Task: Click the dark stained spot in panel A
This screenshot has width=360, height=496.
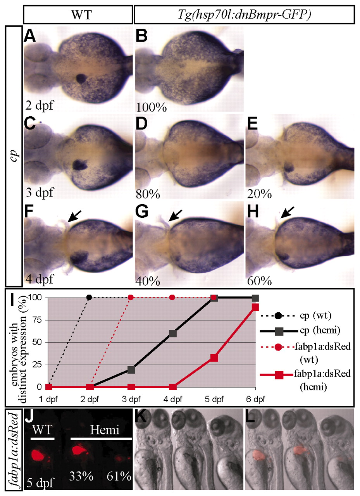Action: pyautogui.click(x=82, y=79)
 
